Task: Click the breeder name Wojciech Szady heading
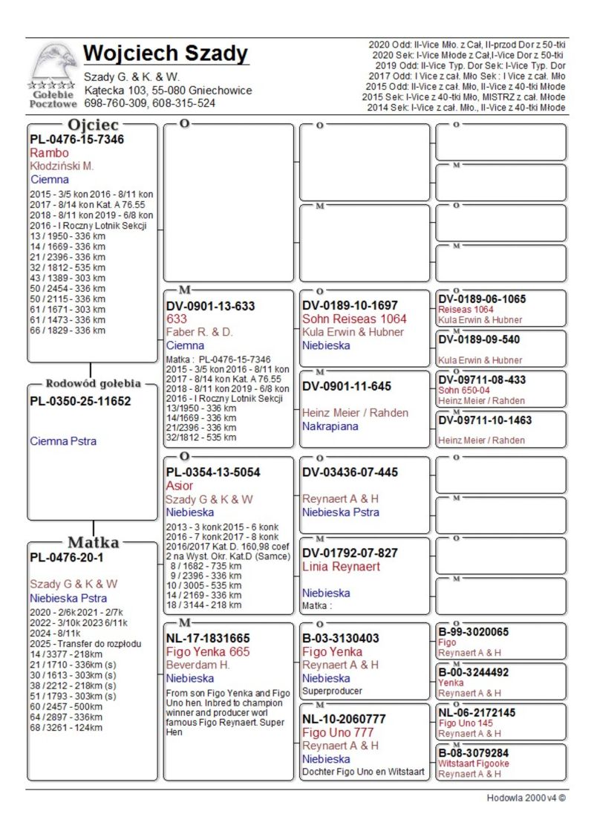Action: click(x=166, y=53)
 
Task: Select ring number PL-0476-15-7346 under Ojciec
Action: click(x=76, y=140)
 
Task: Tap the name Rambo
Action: click(x=49, y=153)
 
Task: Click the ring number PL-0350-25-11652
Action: click(x=80, y=402)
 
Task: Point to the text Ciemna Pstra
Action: click(x=63, y=441)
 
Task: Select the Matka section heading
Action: click(x=94, y=542)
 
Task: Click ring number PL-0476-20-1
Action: click(x=66, y=557)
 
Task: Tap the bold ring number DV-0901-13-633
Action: click(x=210, y=306)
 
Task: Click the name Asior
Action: click(x=180, y=486)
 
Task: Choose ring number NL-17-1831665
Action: click(x=208, y=638)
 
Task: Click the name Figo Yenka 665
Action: click(x=208, y=651)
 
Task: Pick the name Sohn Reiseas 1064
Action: click(x=354, y=319)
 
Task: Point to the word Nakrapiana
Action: click(x=330, y=426)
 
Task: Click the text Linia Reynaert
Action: click(x=341, y=567)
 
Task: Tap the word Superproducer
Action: click(x=332, y=691)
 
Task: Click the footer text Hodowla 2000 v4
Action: click(x=526, y=798)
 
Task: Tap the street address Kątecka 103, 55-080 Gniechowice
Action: click(x=168, y=91)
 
